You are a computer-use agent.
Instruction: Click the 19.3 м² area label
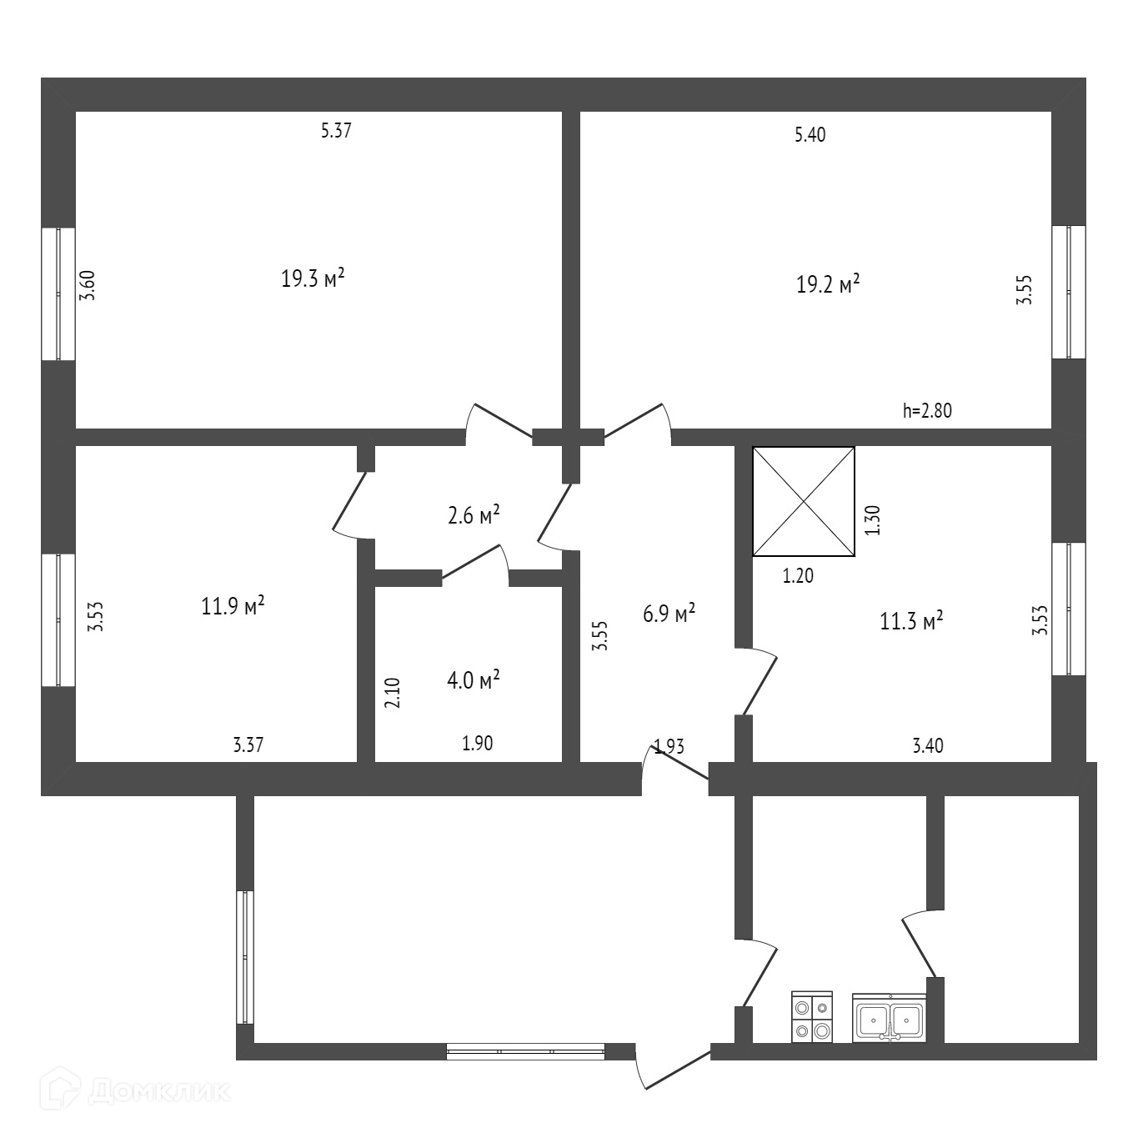click(313, 278)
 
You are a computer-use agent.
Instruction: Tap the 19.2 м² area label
click(828, 285)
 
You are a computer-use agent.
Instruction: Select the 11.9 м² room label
click(233, 605)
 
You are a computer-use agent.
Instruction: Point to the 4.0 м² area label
click(474, 680)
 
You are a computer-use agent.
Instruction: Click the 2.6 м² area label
click(474, 515)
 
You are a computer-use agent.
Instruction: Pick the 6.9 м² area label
click(669, 615)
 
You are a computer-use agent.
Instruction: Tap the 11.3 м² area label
click(911, 621)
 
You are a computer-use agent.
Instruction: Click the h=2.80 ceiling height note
click(927, 410)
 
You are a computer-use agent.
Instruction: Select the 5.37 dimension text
click(336, 131)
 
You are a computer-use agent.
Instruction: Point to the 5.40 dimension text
click(810, 135)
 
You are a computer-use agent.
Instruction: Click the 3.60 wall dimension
click(88, 286)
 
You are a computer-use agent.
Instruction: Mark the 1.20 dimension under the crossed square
click(798, 575)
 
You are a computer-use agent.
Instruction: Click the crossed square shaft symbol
click(804, 501)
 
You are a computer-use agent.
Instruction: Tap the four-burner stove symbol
click(812, 1018)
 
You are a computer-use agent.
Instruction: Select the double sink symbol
click(889, 1018)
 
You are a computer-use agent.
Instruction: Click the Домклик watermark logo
click(139, 1091)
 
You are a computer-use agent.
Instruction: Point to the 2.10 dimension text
click(393, 692)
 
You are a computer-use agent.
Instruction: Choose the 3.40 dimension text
click(928, 745)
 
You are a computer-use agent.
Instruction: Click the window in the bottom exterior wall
click(525, 1051)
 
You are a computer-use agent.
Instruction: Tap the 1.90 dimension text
click(478, 744)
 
